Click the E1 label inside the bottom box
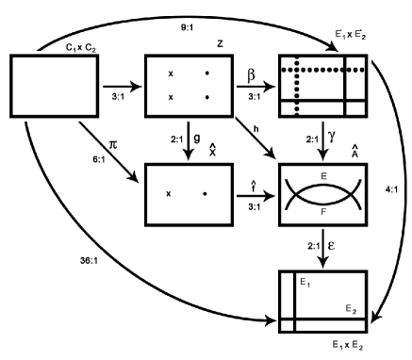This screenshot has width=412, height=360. (304, 283)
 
